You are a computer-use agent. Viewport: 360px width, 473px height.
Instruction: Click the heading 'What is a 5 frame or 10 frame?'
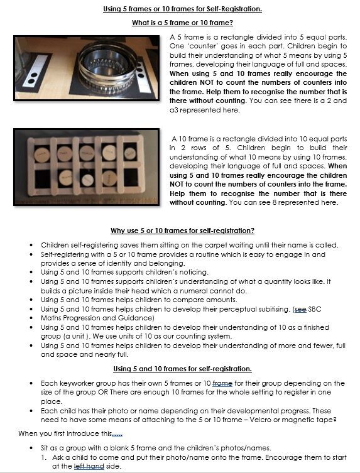(x=182, y=23)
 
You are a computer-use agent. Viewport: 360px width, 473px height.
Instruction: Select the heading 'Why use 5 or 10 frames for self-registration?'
(x=182, y=231)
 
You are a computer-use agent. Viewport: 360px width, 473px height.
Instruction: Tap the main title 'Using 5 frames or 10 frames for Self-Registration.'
(x=182, y=8)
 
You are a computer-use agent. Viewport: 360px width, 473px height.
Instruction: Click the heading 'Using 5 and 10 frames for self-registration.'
(x=182, y=368)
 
